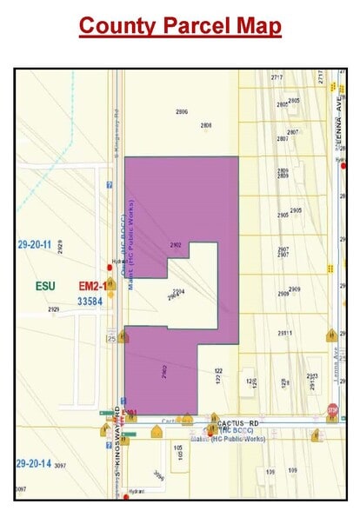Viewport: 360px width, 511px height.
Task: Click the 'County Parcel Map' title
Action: pos(180,26)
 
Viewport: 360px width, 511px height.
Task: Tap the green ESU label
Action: pos(45,285)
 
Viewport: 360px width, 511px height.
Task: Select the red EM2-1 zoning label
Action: pos(92,285)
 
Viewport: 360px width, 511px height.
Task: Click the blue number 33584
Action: pos(90,301)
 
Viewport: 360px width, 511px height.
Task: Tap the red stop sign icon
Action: pos(331,408)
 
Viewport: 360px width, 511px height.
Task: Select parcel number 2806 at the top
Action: pos(182,112)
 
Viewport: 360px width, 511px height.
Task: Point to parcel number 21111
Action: pos(284,333)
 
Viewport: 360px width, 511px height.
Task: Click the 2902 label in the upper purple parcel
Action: pos(176,246)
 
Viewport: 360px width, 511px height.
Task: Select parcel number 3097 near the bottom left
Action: pos(60,467)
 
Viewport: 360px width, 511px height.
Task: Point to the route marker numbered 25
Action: pos(111,337)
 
